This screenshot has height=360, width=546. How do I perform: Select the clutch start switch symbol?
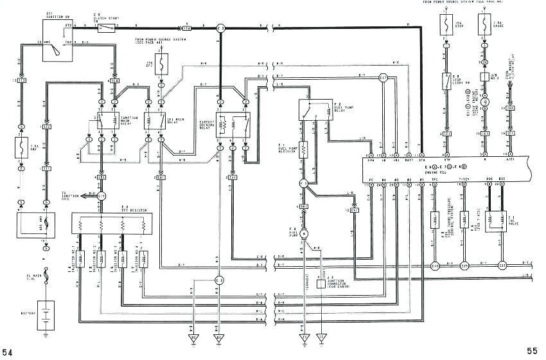(108, 28)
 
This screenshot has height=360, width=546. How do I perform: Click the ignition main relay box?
(108, 120)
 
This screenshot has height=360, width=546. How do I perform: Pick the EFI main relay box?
(155, 120)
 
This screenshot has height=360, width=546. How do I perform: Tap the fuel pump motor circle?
(304, 233)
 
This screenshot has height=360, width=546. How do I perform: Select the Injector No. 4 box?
(143, 258)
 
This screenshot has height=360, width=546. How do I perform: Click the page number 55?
(533, 351)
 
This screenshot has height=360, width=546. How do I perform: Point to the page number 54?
(8, 352)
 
